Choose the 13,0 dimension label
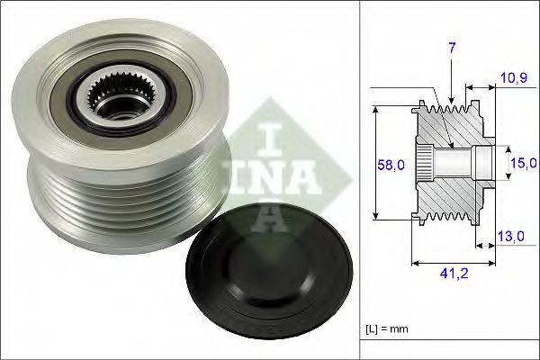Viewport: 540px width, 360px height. tap(511, 236)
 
